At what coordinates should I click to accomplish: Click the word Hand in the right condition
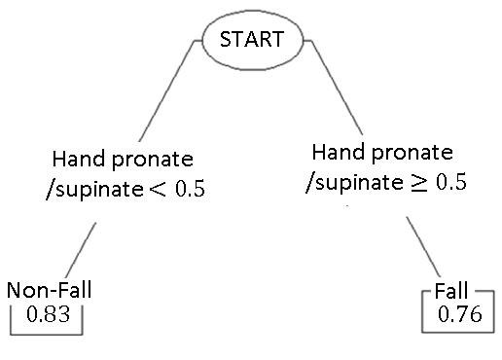point(336,153)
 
